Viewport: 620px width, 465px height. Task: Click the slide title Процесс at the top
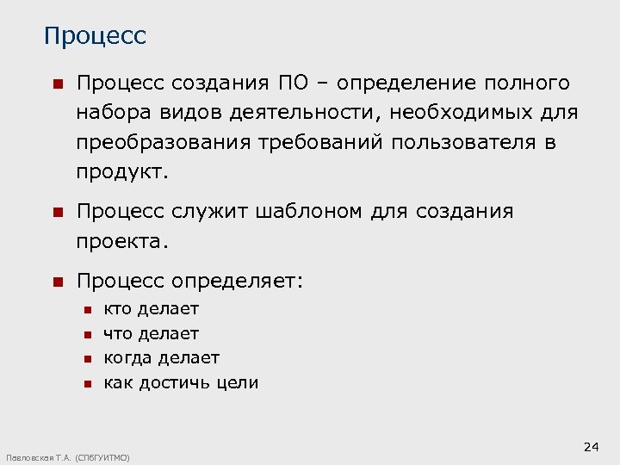[x=95, y=37]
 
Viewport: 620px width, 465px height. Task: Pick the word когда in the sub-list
[x=127, y=357]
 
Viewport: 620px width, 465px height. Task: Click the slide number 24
[x=591, y=446]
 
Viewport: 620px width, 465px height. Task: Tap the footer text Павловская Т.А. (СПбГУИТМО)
[x=68, y=457]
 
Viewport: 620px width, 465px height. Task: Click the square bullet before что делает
[x=86, y=334]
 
